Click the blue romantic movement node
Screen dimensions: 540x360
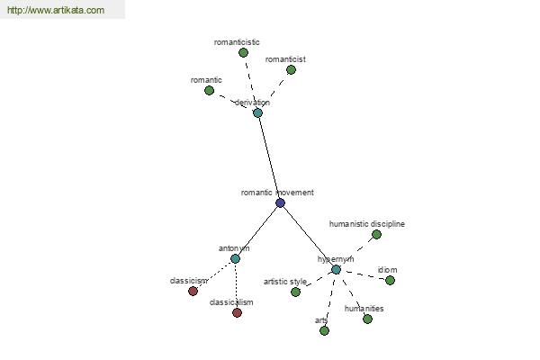pyautogui.click(x=280, y=202)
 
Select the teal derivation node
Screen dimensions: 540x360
pyautogui.click(x=257, y=112)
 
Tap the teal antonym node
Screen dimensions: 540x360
pyautogui.click(x=235, y=258)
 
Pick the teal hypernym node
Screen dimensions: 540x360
pyautogui.click(x=336, y=269)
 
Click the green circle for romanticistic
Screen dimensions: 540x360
pyautogui.click(x=243, y=53)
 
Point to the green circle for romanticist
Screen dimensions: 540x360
pyautogui.click(x=291, y=70)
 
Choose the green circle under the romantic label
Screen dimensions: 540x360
pyautogui.click(x=209, y=91)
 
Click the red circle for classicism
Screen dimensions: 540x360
pyautogui.click(x=193, y=291)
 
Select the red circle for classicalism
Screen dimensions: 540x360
pyautogui.click(x=237, y=313)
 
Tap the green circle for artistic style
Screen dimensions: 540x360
pyautogui.click(x=295, y=292)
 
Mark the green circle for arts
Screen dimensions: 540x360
pyautogui.click(x=324, y=330)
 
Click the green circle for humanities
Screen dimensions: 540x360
pyautogui.click(x=367, y=319)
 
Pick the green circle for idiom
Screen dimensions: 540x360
pyautogui.click(x=390, y=281)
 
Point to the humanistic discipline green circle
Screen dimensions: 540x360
pyautogui.click(x=376, y=235)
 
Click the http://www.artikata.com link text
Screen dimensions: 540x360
pyautogui.click(x=56, y=10)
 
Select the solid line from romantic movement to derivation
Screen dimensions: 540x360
pyautogui.click(x=269, y=157)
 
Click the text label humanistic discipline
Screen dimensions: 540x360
pyautogui.click(x=367, y=224)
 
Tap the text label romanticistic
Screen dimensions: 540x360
pyautogui.click(x=237, y=42)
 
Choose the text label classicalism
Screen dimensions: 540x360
pyautogui.click(x=231, y=302)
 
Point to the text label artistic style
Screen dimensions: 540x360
pyautogui.click(x=285, y=282)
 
